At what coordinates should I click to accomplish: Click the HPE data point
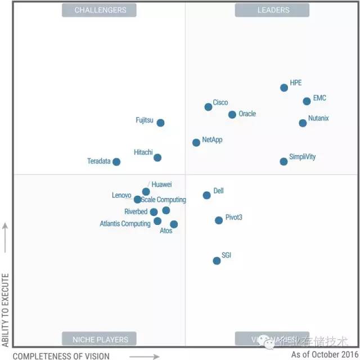pyautogui.click(x=284, y=88)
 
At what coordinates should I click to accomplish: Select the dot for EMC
pyautogui.click(x=307, y=101)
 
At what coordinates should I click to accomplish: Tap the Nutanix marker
pyautogui.click(x=303, y=123)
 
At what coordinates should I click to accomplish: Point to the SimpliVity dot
pyautogui.click(x=283, y=161)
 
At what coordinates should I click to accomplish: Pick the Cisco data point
pyautogui.click(x=208, y=107)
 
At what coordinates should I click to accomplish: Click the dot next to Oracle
pyautogui.click(x=232, y=115)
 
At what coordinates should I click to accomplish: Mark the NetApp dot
pyautogui.click(x=196, y=143)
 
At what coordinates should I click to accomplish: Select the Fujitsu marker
pyautogui.click(x=160, y=123)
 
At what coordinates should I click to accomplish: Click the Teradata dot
pyautogui.click(x=116, y=162)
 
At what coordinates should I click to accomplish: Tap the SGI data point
pyautogui.click(x=217, y=260)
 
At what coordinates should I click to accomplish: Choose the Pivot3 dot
pyautogui.click(x=218, y=220)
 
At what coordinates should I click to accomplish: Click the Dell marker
pyautogui.click(x=206, y=195)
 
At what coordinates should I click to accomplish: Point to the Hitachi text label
pyautogui.click(x=143, y=152)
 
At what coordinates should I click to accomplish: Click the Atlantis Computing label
pyautogui.click(x=125, y=224)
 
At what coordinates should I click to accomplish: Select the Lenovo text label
pyautogui.click(x=121, y=196)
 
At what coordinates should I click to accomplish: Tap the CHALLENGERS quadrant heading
pyautogui.click(x=100, y=10)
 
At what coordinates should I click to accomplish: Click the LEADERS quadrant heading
pyautogui.click(x=273, y=10)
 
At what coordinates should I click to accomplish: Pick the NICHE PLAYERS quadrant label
pyautogui.click(x=100, y=339)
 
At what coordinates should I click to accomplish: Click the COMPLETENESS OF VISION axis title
pyautogui.click(x=61, y=355)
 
